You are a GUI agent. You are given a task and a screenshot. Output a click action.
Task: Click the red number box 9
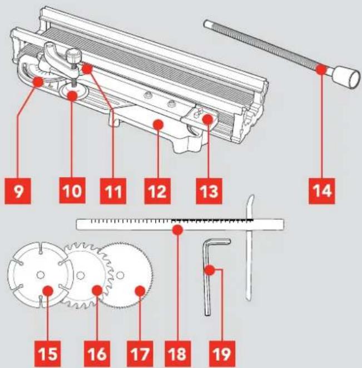coord(18,191)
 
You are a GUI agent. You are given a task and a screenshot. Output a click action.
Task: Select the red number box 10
coord(72,190)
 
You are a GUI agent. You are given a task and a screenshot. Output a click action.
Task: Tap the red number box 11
coord(113,191)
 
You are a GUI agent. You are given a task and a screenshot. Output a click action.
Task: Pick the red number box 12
coord(157,191)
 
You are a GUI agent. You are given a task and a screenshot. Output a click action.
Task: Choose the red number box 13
coord(209,191)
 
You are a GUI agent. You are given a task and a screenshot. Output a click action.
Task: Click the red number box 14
coord(322,191)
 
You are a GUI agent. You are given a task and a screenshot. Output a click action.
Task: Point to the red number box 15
coord(48,354)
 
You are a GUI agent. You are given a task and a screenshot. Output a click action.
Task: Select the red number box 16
coord(97,354)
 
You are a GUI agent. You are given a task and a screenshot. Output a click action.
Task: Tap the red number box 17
coord(140,354)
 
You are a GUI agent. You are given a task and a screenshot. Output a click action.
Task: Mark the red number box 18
coord(178,354)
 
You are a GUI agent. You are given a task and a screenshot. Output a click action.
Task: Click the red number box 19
coord(222,354)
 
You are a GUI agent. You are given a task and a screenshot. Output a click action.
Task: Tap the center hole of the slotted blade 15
coord(41,275)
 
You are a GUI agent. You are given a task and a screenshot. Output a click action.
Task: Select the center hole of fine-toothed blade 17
coord(120,275)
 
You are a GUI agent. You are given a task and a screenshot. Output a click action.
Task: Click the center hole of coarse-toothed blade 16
coord(81,275)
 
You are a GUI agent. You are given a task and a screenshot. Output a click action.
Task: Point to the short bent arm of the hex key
coord(217,242)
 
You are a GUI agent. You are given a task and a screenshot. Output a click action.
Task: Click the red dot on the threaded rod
coord(321,69)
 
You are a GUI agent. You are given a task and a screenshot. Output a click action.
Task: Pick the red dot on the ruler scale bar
coord(177,230)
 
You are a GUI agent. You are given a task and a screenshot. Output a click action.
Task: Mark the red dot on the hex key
coord(210,270)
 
